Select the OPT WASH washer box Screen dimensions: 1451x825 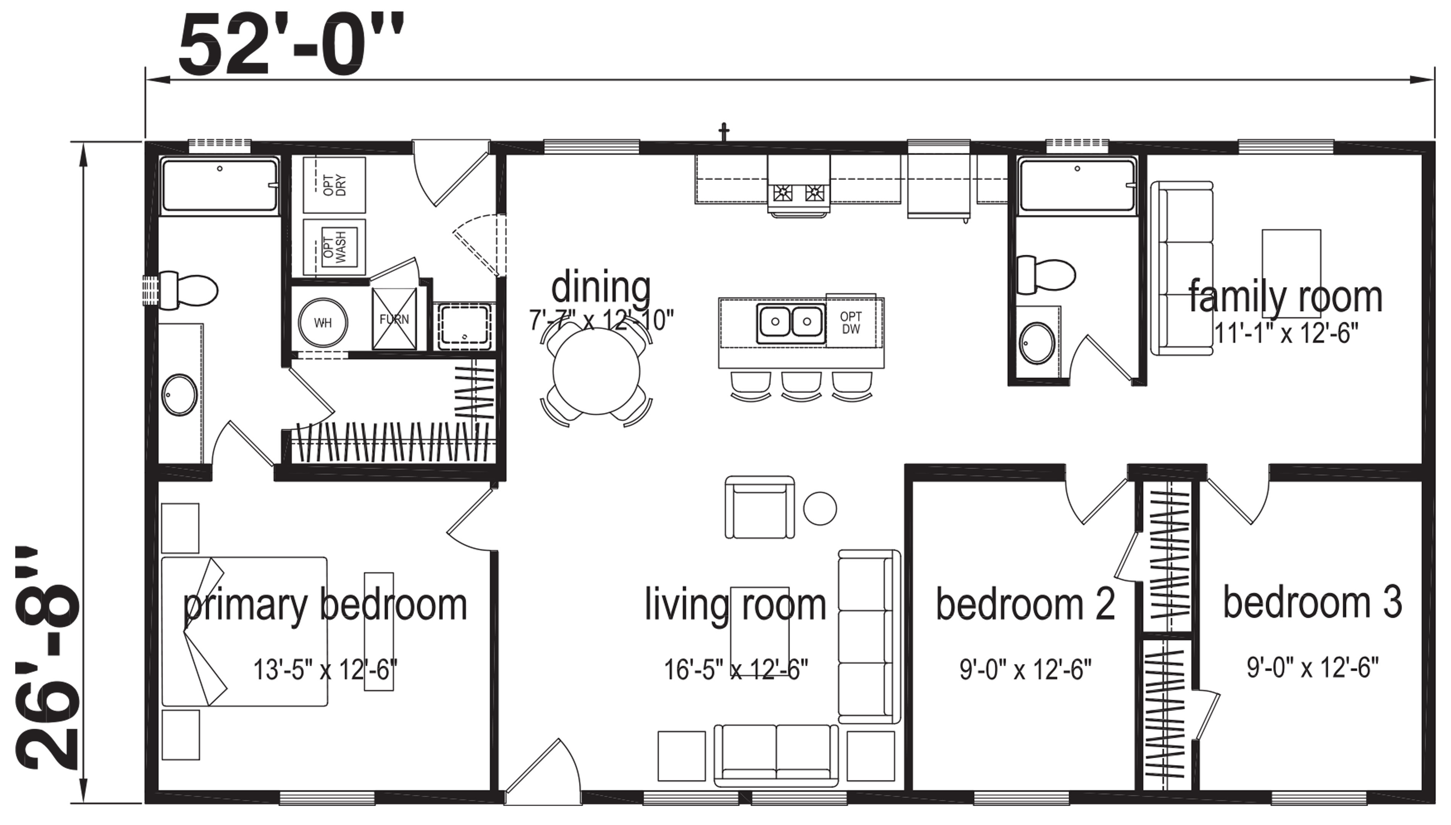point(334,246)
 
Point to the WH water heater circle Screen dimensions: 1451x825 point(323,322)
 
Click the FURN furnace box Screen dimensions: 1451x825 point(394,319)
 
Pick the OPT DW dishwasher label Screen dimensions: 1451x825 point(851,322)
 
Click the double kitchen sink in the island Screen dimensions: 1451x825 point(791,322)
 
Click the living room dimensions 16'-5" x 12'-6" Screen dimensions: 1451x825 point(736,670)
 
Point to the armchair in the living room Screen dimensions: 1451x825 point(759,507)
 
